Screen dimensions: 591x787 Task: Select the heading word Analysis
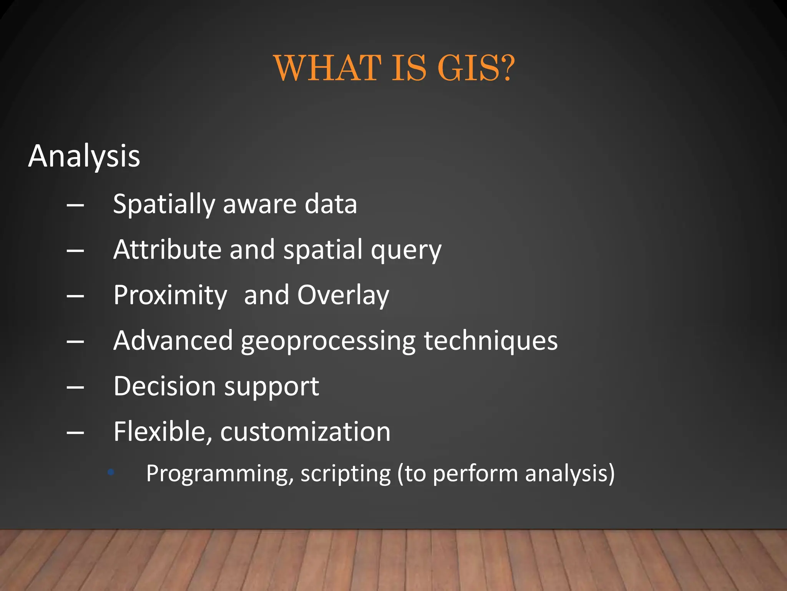(x=84, y=156)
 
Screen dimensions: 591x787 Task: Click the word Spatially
(x=164, y=204)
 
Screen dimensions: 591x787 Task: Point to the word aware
(x=259, y=204)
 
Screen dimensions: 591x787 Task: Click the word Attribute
(x=167, y=250)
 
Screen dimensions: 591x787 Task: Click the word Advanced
(x=173, y=341)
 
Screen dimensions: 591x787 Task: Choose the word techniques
(x=490, y=341)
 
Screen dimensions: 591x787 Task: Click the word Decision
(x=164, y=386)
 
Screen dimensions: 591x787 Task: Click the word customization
(x=305, y=432)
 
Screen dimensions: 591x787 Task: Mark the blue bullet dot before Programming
(x=111, y=472)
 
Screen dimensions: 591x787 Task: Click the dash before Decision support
(x=75, y=387)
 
